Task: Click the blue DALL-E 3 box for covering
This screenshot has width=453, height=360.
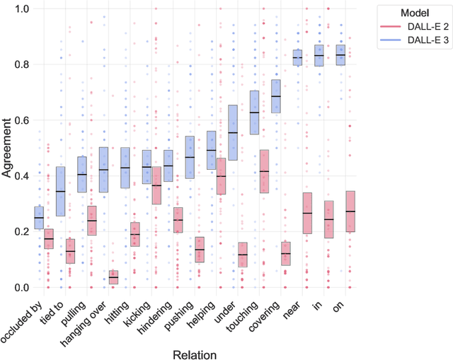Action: [275, 96]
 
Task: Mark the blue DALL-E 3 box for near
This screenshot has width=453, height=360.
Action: [297, 57]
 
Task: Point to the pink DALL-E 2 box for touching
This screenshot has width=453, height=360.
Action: [264, 171]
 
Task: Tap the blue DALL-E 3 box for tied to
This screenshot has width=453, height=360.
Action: [60, 192]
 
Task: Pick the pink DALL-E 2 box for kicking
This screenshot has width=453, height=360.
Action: [156, 185]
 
